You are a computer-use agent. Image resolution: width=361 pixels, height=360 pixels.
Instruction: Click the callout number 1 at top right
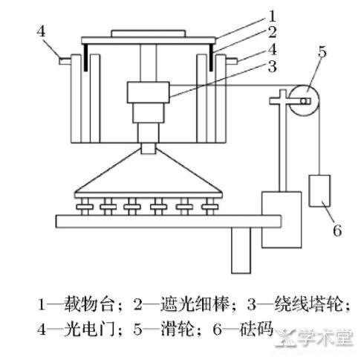click(272, 16)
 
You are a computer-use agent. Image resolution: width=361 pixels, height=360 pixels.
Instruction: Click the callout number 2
click(272, 33)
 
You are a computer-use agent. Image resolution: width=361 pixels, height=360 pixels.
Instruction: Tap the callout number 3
click(272, 66)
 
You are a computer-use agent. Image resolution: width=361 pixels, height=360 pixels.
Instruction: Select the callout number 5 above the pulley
click(322, 52)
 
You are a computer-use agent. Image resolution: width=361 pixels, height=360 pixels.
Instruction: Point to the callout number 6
click(337, 231)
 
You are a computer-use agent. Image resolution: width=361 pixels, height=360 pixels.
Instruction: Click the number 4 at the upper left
click(41, 31)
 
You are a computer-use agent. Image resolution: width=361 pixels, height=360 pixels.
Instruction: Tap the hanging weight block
click(319, 190)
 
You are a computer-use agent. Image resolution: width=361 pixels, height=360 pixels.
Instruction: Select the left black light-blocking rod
click(85, 57)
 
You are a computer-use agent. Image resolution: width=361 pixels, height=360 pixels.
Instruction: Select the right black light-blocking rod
click(211, 57)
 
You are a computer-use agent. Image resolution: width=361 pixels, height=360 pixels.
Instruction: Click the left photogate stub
click(65, 60)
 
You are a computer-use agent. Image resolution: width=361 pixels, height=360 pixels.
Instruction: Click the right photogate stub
click(232, 60)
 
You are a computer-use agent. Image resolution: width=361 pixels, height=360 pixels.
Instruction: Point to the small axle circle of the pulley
click(304, 101)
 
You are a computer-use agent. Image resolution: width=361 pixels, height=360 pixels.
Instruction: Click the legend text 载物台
click(90, 304)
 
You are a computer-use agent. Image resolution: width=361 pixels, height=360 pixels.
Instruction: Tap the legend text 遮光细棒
click(195, 304)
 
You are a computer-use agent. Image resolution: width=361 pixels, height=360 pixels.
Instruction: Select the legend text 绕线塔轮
click(309, 304)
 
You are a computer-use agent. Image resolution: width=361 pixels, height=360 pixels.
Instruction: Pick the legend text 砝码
click(256, 330)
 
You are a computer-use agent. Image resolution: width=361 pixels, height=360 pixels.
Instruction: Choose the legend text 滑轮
click(178, 330)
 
